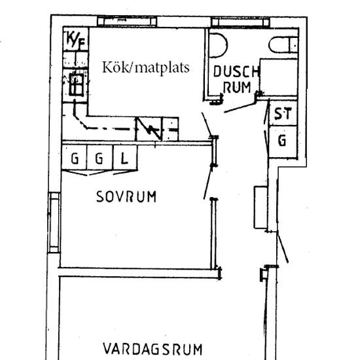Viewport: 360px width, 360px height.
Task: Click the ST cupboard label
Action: (282, 114)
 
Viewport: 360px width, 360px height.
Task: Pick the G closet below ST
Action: (282, 140)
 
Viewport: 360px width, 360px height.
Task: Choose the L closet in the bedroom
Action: (124, 158)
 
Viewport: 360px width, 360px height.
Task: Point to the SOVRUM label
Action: (126, 196)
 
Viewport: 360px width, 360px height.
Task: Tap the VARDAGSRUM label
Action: (153, 348)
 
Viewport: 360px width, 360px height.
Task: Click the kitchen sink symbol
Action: (75, 84)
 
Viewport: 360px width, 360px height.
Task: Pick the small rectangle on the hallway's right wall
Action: (260, 206)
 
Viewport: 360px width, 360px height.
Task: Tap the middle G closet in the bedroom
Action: (99, 158)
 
